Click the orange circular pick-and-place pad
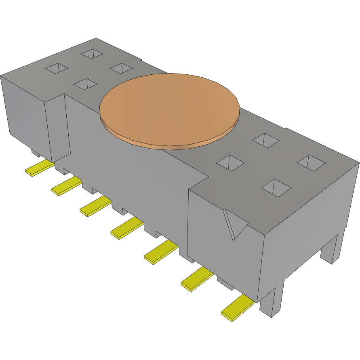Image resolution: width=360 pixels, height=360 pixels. pos(170,108)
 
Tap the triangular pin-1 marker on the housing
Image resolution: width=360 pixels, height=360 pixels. pos(234,223)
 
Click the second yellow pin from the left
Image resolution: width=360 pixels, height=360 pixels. pos(66,186)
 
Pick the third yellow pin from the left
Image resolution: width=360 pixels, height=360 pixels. pos(95,206)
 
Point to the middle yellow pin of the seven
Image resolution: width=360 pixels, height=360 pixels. pos(127,228)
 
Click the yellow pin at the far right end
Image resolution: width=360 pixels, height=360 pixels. pos(238,307)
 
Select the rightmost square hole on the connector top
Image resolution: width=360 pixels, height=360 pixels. pos(311,163)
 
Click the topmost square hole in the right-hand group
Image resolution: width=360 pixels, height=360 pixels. pos(266,140)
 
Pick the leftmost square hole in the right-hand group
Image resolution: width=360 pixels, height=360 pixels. pos(230,163)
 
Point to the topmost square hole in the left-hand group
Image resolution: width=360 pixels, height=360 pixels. pos(92,54)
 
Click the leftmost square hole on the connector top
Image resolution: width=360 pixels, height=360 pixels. pos(57,68)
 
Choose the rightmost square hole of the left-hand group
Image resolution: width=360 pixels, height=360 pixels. pos(121,68)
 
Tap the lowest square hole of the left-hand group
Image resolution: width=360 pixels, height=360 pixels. pos(86,84)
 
